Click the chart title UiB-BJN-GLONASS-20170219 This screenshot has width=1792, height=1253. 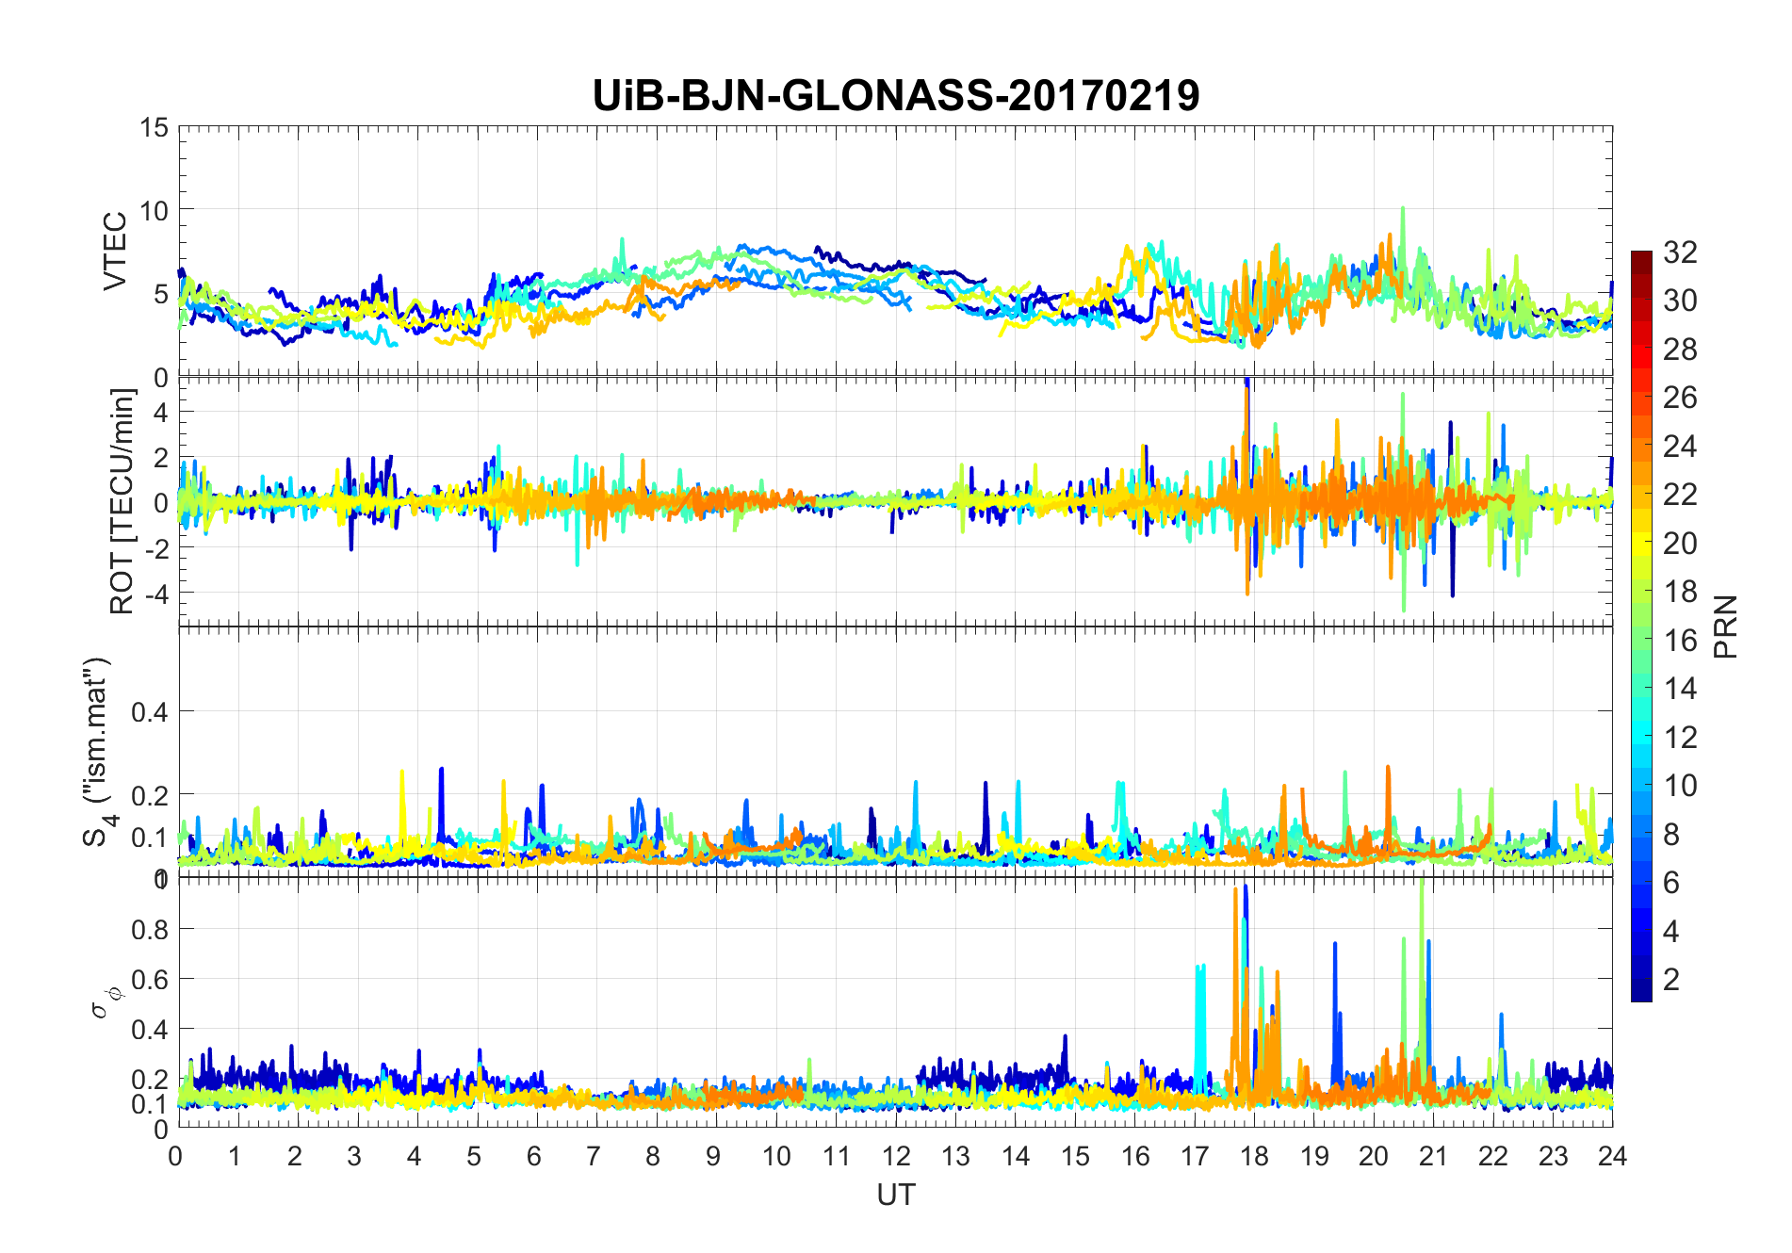[x=895, y=96]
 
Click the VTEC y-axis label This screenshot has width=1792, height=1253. [x=115, y=252]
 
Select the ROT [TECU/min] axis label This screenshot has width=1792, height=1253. [x=122, y=501]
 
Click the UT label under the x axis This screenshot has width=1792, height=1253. [x=895, y=1195]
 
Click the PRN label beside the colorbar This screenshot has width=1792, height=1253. [x=1726, y=626]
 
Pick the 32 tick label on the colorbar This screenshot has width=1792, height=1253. [x=1680, y=252]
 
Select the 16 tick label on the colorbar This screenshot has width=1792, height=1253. [x=1680, y=641]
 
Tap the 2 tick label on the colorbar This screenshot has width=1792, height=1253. [x=1671, y=980]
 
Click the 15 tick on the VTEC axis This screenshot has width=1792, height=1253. [x=155, y=127]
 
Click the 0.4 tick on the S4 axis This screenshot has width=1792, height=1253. [x=149, y=712]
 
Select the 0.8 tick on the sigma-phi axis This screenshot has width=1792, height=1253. [x=149, y=930]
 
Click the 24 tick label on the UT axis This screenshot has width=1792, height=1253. [x=1612, y=1156]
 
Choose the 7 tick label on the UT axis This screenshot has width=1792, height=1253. [x=593, y=1156]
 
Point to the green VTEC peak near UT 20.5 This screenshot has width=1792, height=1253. [x=1403, y=210]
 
